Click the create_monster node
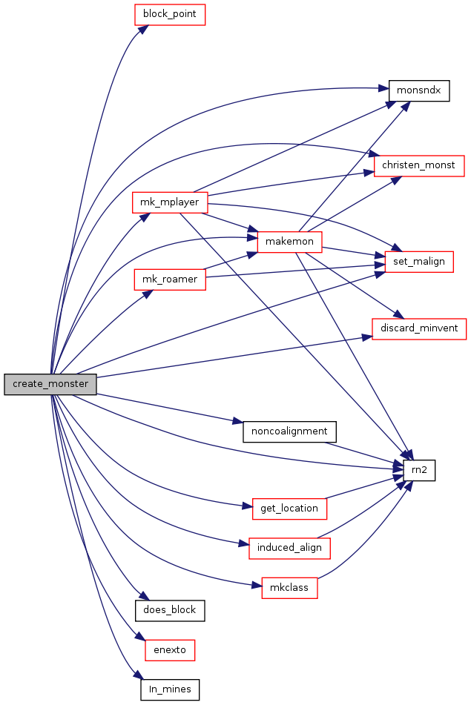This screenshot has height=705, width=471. [50, 384]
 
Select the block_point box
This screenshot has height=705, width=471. [170, 14]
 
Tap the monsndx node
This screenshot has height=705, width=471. [419, 91]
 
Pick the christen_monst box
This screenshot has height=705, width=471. [419, 165]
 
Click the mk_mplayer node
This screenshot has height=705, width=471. [170, 202]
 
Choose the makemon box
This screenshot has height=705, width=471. [289, 242]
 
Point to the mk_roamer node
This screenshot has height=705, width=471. [170, 279]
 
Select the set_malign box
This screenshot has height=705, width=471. [419, 262]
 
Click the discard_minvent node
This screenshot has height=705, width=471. [419, 328]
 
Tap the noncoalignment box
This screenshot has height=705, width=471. [289, 431]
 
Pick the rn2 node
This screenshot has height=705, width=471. [419, 470]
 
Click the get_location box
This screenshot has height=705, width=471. [289, 509]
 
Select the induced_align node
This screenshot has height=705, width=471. [289, 548]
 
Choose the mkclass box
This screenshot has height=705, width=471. [289, 588]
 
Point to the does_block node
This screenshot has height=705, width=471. [170, 611]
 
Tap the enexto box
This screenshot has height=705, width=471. [170, 650]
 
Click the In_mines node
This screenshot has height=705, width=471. [170, 689]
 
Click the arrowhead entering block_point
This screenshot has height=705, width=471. [143, 29]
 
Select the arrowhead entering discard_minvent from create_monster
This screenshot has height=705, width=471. [366, 337]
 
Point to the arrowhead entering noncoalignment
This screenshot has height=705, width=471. [237, 422]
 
